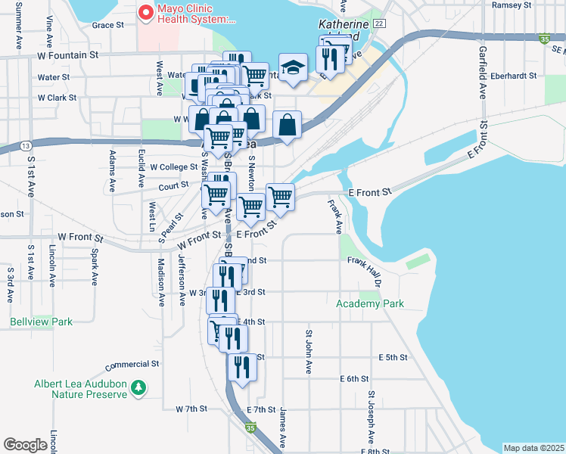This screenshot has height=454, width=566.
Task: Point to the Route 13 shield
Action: (26, 145)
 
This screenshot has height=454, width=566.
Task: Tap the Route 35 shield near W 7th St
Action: (250, 428)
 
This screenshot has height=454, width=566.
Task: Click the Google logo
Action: (25, 445)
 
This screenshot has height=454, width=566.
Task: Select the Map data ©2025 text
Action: (533, 448)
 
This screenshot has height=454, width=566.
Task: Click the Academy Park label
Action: (370, 303)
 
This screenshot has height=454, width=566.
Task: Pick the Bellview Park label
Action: (41, 322)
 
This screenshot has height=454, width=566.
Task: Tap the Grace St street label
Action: (107, 25)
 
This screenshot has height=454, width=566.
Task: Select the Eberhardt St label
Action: (513, 76)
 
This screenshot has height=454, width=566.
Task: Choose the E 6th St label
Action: (354, 378)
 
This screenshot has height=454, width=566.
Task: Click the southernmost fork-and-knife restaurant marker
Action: (242, 366)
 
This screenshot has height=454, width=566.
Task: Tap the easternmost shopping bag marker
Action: (288, 123)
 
